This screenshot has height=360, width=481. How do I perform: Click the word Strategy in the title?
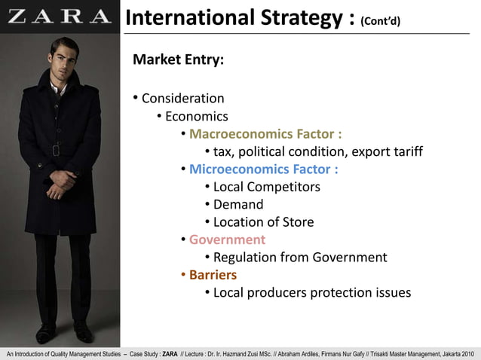point(303,17)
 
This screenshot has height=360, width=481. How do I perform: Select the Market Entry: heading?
point(178,60)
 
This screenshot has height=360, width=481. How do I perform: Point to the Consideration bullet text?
point(182,98)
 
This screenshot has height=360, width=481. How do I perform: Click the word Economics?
point(196,116)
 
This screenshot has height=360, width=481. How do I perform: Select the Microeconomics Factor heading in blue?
point(263,169)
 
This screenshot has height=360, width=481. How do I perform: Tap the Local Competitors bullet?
point(266,187)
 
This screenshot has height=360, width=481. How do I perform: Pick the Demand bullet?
point(238,204)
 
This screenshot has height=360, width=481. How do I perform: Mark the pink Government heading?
point(227,239)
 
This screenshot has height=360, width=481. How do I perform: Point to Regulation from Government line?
point(300,258)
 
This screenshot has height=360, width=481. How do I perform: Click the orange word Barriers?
point(213,275)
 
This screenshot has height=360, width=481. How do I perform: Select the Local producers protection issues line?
point(312,293)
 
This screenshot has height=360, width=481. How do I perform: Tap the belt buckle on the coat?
point(57,151)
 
